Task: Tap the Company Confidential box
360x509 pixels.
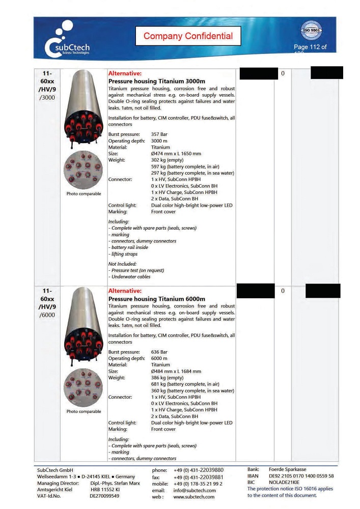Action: (188, 36)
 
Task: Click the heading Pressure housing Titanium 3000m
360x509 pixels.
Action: (156, 81)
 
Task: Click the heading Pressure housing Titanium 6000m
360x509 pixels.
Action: (156, 299)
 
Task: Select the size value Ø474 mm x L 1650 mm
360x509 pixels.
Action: (176, 154)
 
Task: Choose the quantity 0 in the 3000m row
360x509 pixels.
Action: (283, 74)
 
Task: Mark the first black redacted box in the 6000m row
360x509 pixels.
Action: (256, 291)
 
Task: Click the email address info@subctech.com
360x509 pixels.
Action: (195, 490)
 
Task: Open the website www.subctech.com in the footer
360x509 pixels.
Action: (193, 497)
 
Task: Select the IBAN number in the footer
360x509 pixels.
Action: (301, 476)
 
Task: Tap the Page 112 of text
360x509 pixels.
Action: (310, 47)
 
